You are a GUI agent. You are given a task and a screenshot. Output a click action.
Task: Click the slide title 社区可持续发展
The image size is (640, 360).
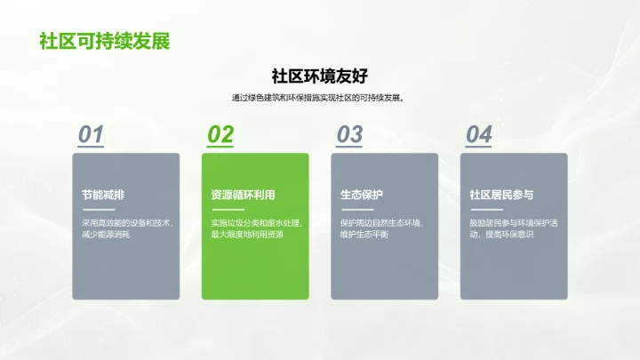pyautogui.click(x=104, y=42)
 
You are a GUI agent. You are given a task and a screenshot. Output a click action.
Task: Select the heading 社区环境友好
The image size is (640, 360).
pyautogui.click(x=319, y=76)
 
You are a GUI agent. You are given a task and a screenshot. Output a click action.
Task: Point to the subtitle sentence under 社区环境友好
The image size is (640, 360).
pyautogui.click(x=319, y=98)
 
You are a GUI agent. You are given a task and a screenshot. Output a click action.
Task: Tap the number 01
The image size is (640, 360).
pyautogui.click(x=91, y=134)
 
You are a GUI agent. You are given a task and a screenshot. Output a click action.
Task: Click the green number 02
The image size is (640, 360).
pyautogui.click(x=220, y=134)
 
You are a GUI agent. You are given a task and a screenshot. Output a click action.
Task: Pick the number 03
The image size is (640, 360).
pyautogui.click(x=349, y=134)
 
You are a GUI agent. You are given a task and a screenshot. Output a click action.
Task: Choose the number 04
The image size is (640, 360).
pyautogui.click(x=479, y=134)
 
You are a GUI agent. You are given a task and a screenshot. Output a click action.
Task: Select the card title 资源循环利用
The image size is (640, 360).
pyautogui.click(x=243, y=195)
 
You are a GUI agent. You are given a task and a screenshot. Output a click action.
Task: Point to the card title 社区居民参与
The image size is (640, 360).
pyautogui.click(x=501, y=195)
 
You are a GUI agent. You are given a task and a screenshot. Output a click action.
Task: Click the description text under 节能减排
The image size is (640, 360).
pyautogui.click(x=126, y=228)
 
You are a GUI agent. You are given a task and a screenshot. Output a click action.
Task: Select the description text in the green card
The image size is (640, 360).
pyautogui.click(x=255, y=228)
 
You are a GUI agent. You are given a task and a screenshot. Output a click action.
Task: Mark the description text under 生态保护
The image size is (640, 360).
pyautogui.click(x=382, y=228)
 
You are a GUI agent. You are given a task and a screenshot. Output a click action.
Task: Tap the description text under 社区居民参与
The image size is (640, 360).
pyautogui.click(x=513, y=228)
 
